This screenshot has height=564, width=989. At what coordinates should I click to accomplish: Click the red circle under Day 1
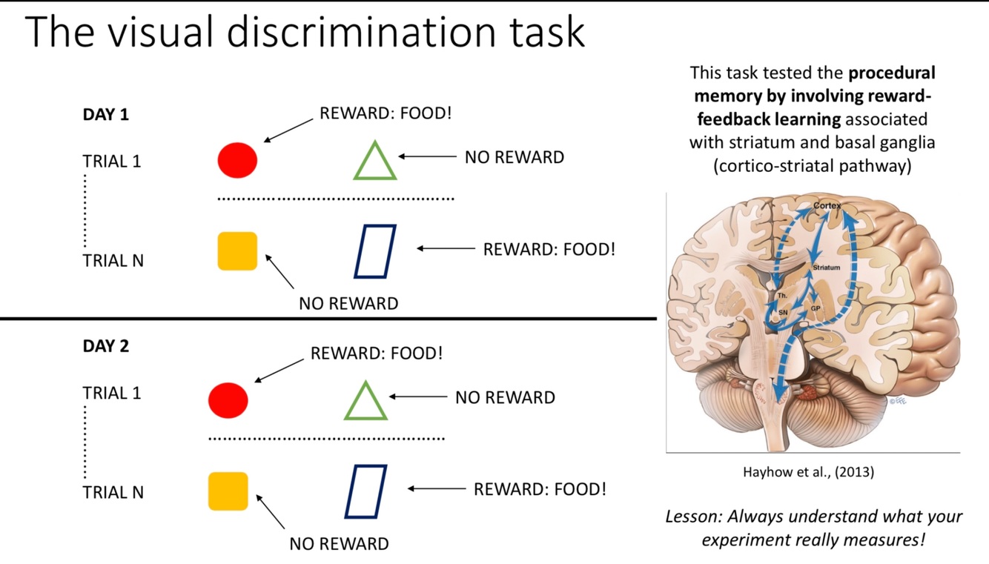237,160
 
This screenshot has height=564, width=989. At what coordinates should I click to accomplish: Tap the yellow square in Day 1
237,251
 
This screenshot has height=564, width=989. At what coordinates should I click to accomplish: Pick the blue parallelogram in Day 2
365,491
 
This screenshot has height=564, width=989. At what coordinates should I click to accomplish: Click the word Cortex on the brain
827,204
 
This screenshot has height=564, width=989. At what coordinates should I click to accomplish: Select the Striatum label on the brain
826,268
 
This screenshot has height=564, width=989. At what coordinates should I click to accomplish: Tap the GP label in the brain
816,308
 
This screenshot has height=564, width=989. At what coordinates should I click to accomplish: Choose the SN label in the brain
782,313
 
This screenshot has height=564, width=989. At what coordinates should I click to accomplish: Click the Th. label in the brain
782,296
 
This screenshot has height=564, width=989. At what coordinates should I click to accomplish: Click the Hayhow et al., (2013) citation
808,471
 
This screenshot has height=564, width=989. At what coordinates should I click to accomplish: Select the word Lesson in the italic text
693,517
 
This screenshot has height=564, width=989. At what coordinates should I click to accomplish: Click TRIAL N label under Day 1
113,261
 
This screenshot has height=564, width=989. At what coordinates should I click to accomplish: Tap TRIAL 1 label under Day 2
111,393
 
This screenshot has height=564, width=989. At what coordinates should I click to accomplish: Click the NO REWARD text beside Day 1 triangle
514,157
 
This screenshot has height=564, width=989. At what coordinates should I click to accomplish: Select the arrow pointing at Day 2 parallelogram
437,489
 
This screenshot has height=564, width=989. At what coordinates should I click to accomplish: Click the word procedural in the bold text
892,73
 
